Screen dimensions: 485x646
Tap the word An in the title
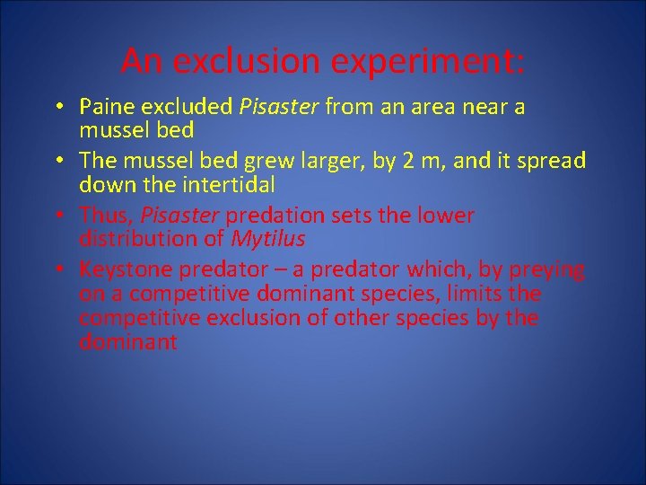141,62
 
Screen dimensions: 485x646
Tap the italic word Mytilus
268,240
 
